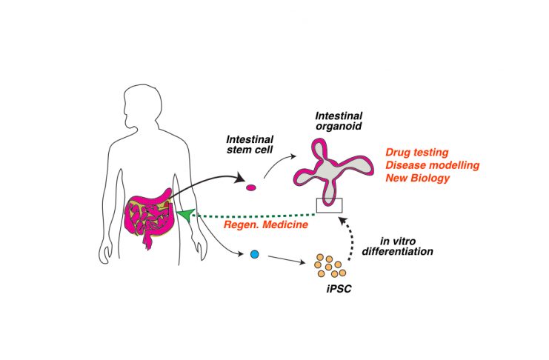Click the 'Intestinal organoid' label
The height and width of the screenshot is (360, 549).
339,121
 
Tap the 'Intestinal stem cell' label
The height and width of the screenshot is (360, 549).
250,144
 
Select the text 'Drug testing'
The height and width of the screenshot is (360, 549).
417,153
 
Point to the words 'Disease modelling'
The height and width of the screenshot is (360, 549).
433,165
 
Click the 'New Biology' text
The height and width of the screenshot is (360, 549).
418,178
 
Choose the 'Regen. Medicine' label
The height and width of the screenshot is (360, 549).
266,224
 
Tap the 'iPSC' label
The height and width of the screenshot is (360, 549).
339,289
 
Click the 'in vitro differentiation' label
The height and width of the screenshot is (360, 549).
397,246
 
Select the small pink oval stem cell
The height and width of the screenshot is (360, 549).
251,187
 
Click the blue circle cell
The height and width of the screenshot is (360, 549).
255,254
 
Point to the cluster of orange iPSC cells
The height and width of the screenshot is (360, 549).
330,266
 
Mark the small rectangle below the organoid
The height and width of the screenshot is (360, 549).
329,205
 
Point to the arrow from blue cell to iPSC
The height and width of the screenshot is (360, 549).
287,259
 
